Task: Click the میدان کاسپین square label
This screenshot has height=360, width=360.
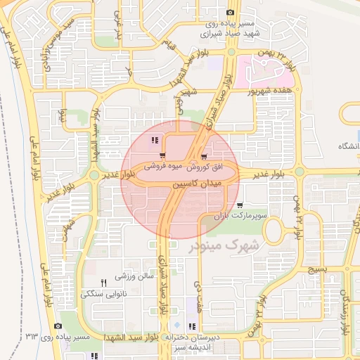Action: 197,182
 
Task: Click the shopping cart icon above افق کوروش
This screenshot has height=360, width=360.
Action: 204,157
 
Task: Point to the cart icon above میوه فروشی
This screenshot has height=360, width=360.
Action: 162,156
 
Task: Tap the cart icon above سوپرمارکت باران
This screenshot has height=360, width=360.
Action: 240,205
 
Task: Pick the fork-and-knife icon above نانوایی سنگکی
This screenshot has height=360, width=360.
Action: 103,283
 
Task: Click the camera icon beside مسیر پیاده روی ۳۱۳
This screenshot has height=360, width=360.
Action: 57,326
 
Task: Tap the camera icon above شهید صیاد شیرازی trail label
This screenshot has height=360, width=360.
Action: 230,12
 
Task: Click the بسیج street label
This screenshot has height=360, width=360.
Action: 318,269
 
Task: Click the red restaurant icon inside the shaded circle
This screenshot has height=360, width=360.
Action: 155,140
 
